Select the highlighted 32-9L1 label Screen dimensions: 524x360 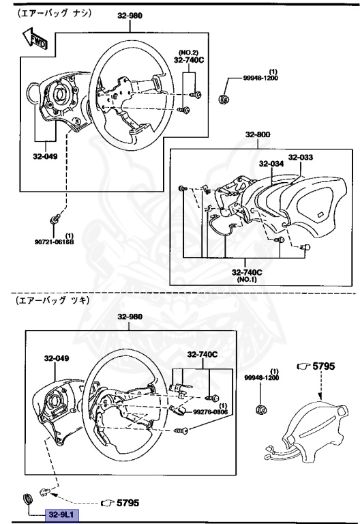coord(61,514)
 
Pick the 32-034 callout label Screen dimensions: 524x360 coord(270,163)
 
